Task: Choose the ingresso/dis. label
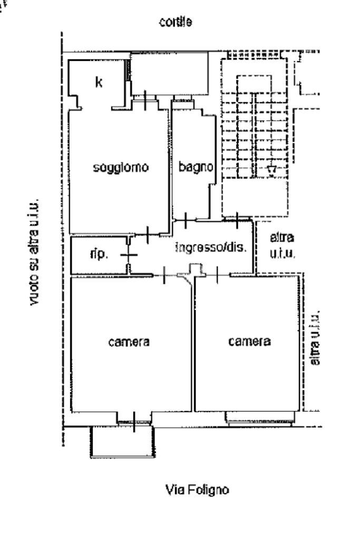[211, 247]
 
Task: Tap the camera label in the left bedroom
[129, 341]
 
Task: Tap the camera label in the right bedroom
[249, 341]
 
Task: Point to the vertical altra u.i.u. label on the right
[316, 337]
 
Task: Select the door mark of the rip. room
[128, 255]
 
